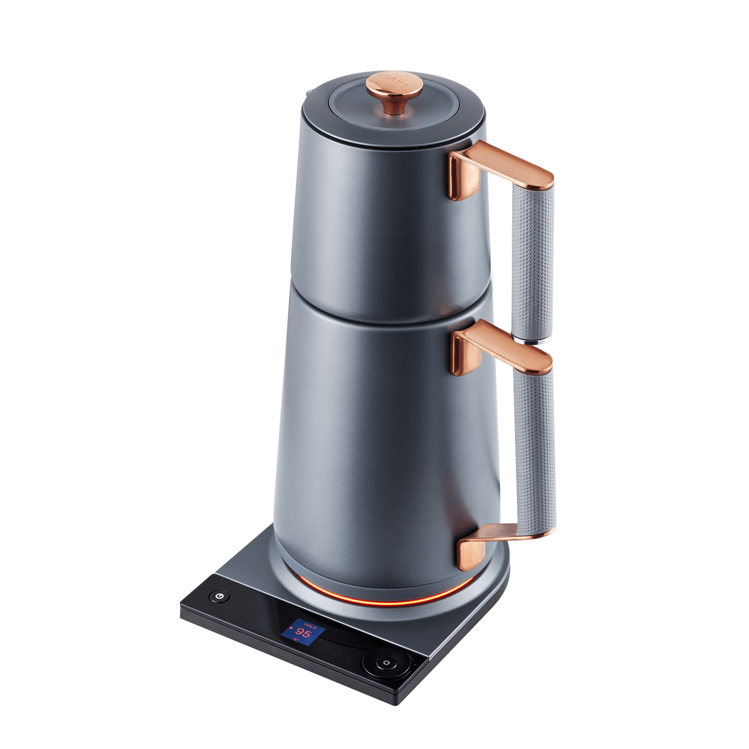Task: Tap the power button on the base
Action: click(x=220, y=596)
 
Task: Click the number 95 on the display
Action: click(x=303, y=634)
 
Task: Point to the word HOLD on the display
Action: click(x=310, y=626)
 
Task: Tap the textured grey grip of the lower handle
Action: click(x=534, y=446)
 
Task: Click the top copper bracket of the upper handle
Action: click(x=498, y=166)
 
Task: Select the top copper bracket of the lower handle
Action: click(x=500, y=352)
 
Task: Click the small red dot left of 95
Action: click(x=291, y=630)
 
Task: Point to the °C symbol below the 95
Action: click(x=296, y=641)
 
